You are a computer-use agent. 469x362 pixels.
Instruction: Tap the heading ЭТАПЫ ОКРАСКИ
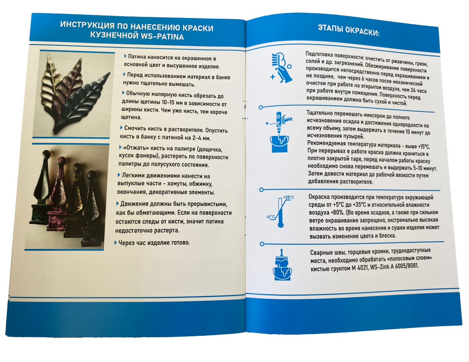pos(349,32)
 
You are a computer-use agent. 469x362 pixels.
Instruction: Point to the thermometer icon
pos(280,213)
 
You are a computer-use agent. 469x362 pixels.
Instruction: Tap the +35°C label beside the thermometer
pos(288,197)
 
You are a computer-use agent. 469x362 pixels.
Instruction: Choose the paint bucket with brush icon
pos(281,265)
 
